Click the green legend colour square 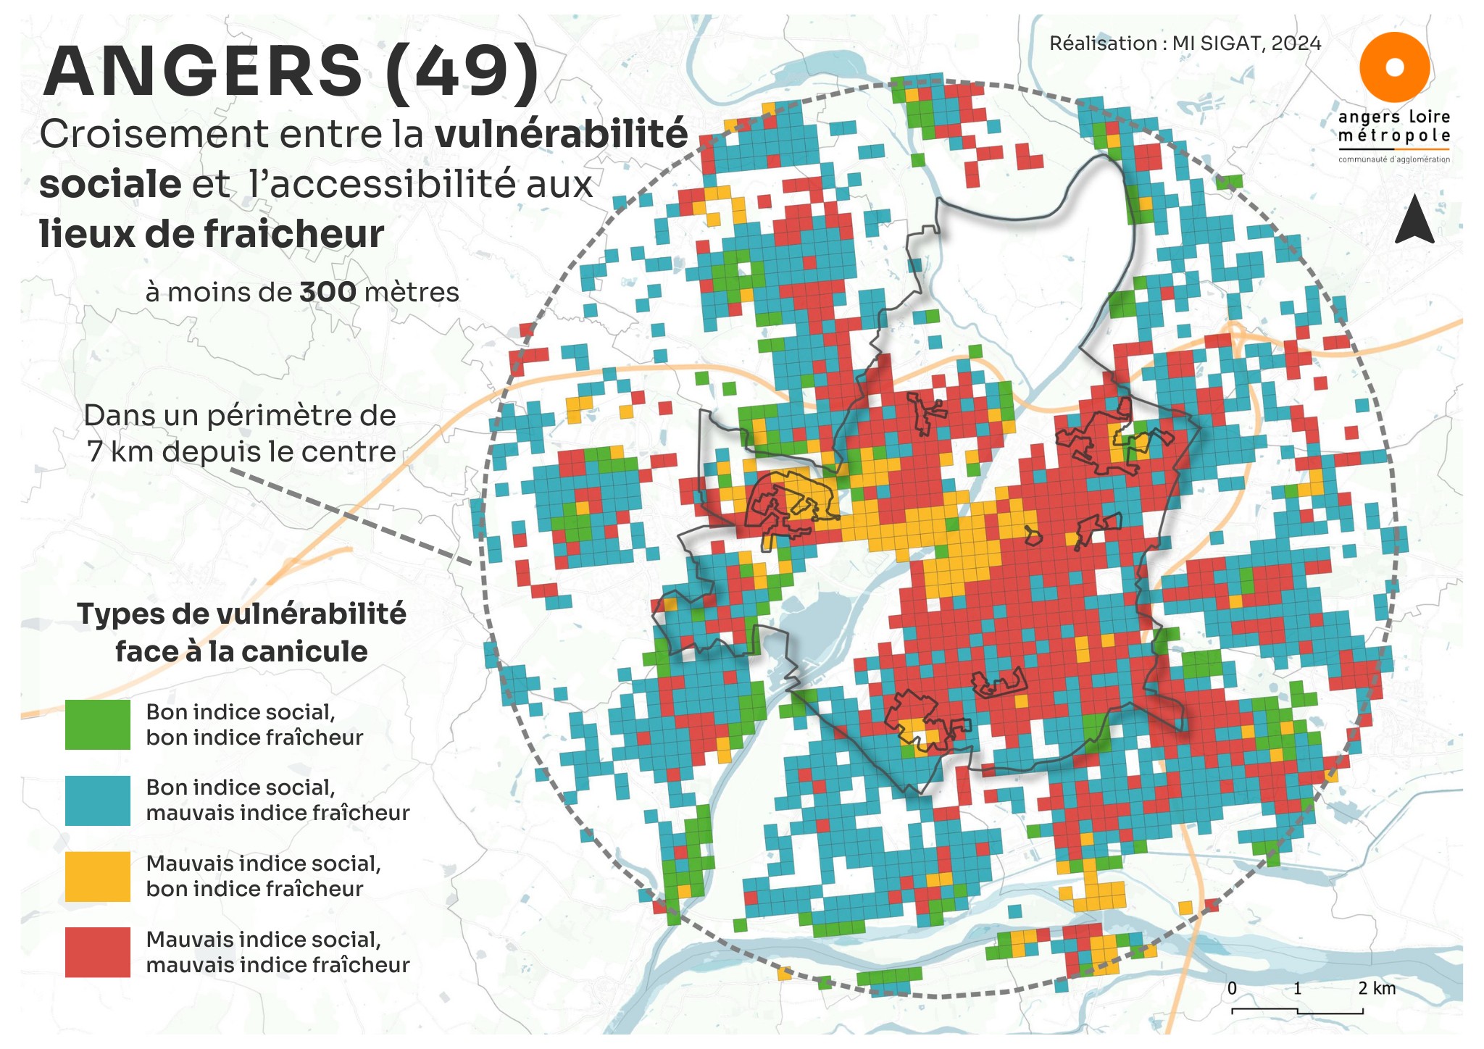pyautogui.click(x=98, y=724)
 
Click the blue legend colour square pyautogui.click(x=98, y=801)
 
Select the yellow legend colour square pyautogui.click(x=98, y=877)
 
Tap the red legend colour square pyautogui.click(x=98, y=952)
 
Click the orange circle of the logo pyautogui.click(x=1394, y=67)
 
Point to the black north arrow pyautogui.click(x=1414, y=220)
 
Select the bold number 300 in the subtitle pyautogui.click(x=328, y=293)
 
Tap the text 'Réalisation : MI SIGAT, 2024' pyautogui.click(x=1185, y=43)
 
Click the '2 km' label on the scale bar pyautogui.click(x=1376, y=988)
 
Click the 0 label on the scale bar pyautogui.click(x=1232, y=988)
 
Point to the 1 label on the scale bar pyautogui.click(x=1297, y=988)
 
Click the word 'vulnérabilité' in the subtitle pyautogui.click(x=561, y=135)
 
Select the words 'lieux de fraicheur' pyautogui.click(x=212, y=234)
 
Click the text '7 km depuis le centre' pyautogui.click(x=241, y=452)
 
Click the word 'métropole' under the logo pyautogui.click(x=1393, y=136)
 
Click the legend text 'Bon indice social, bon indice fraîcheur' pyautogui.click(x=254, y=724)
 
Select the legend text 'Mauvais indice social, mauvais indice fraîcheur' pyautogui.click(x=277, y=952)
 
